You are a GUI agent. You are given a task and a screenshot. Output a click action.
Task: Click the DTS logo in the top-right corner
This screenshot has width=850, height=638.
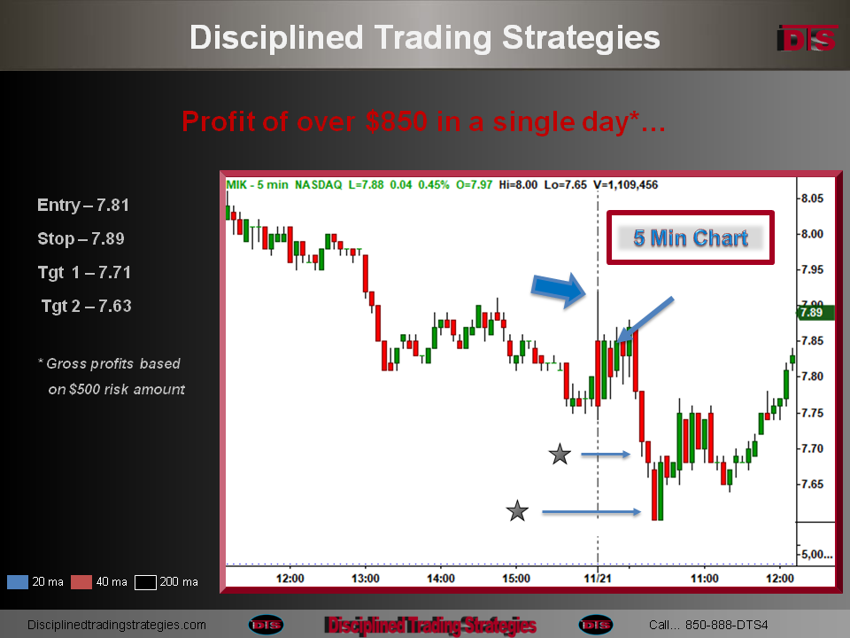[807, 38]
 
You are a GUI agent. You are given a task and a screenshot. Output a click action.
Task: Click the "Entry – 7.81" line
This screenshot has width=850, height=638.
[83, 205]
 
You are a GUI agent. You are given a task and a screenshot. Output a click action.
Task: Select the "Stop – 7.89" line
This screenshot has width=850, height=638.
[81, 238]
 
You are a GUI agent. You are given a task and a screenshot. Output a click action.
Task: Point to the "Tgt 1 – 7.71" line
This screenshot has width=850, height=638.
[84, 272]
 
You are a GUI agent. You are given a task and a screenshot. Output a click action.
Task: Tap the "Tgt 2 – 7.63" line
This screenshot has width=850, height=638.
[86, 306]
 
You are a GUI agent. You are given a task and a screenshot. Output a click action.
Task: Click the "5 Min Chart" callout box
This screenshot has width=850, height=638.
[690, 237]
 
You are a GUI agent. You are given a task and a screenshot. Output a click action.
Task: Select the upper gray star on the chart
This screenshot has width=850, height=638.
[560, 454]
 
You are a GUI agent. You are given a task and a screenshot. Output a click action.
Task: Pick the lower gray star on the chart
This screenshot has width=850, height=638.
[517, 511]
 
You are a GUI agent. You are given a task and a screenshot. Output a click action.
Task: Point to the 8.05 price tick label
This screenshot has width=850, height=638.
[812, 198]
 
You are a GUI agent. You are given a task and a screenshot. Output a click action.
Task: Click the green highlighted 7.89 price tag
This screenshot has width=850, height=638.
[815, 313]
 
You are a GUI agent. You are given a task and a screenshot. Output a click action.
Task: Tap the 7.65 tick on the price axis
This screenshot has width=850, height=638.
[812, 484]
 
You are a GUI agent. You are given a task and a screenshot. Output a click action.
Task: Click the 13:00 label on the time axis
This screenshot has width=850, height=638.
[365, 579]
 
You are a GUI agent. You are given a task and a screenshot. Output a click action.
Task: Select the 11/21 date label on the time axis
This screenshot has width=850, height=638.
[598, 579]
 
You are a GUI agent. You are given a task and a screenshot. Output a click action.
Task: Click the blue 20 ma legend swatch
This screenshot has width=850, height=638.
[18, 582]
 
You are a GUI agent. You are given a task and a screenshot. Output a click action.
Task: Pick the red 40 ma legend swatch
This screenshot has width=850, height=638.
[81, 582]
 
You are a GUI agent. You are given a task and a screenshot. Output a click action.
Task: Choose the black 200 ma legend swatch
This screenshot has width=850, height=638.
[145, 582]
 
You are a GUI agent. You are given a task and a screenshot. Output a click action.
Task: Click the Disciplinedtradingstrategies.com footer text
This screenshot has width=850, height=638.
[117, 625]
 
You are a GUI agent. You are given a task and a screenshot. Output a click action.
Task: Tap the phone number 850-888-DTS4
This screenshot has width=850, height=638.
[726, 625]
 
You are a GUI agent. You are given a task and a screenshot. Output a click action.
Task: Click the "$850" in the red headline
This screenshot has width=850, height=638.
[397, 121]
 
